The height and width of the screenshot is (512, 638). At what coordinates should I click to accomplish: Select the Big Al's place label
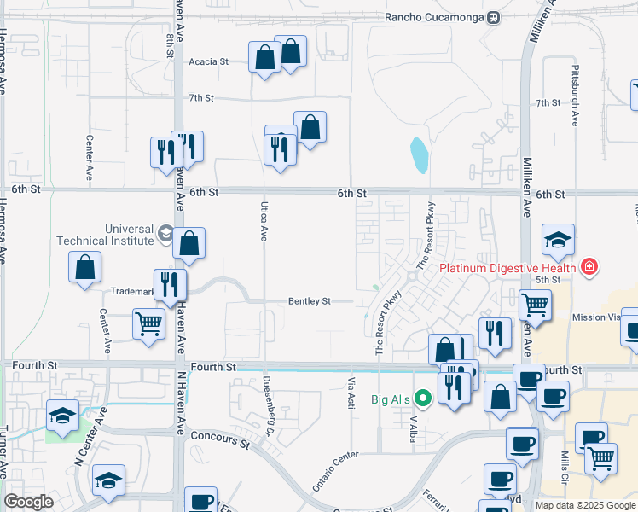[391, 399]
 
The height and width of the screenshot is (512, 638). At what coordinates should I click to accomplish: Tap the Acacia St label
[209, 61]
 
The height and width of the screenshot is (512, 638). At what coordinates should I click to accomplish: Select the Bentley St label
[309, 300]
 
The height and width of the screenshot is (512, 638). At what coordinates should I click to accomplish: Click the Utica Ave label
[264, 221]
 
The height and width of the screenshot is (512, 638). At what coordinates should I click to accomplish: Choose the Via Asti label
[351, 393]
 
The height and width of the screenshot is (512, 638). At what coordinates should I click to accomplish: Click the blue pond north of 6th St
[419, 155]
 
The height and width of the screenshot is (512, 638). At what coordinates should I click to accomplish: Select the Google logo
[28, 502]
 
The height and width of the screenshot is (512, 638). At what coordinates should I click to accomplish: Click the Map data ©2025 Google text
[585, 505]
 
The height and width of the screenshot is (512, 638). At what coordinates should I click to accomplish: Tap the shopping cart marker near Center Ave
[149, 325]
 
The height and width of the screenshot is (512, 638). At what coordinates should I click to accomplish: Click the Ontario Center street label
[334, 471]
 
